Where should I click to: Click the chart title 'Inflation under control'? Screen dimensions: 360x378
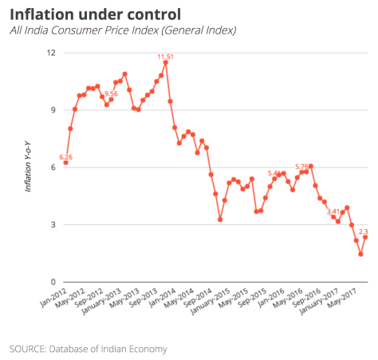click(x=95, y=14)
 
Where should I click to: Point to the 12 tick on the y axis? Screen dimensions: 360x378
click(x=51, y=53)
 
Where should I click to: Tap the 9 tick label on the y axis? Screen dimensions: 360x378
click(x=53, y=110)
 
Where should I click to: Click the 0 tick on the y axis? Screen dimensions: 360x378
click(x=53, y=282)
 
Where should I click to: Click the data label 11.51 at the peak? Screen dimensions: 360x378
click(x=165, y=57)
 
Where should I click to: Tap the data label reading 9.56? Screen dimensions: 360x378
click(x=110, y=93)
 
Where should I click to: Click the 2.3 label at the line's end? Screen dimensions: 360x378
click(x=363, y=231)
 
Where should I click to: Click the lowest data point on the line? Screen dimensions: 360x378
click(x=360, y=255)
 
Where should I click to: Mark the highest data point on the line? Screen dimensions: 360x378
click(x=165, y=62)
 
